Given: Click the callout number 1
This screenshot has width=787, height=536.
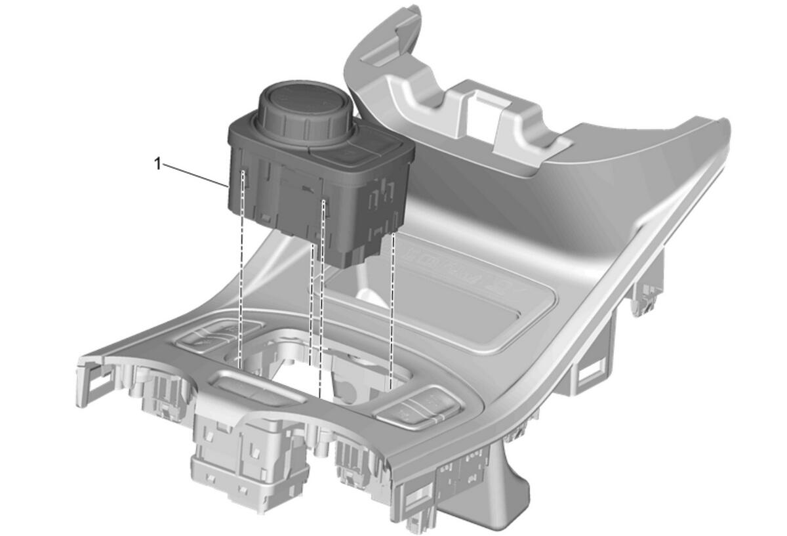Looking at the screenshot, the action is point(158,164).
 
